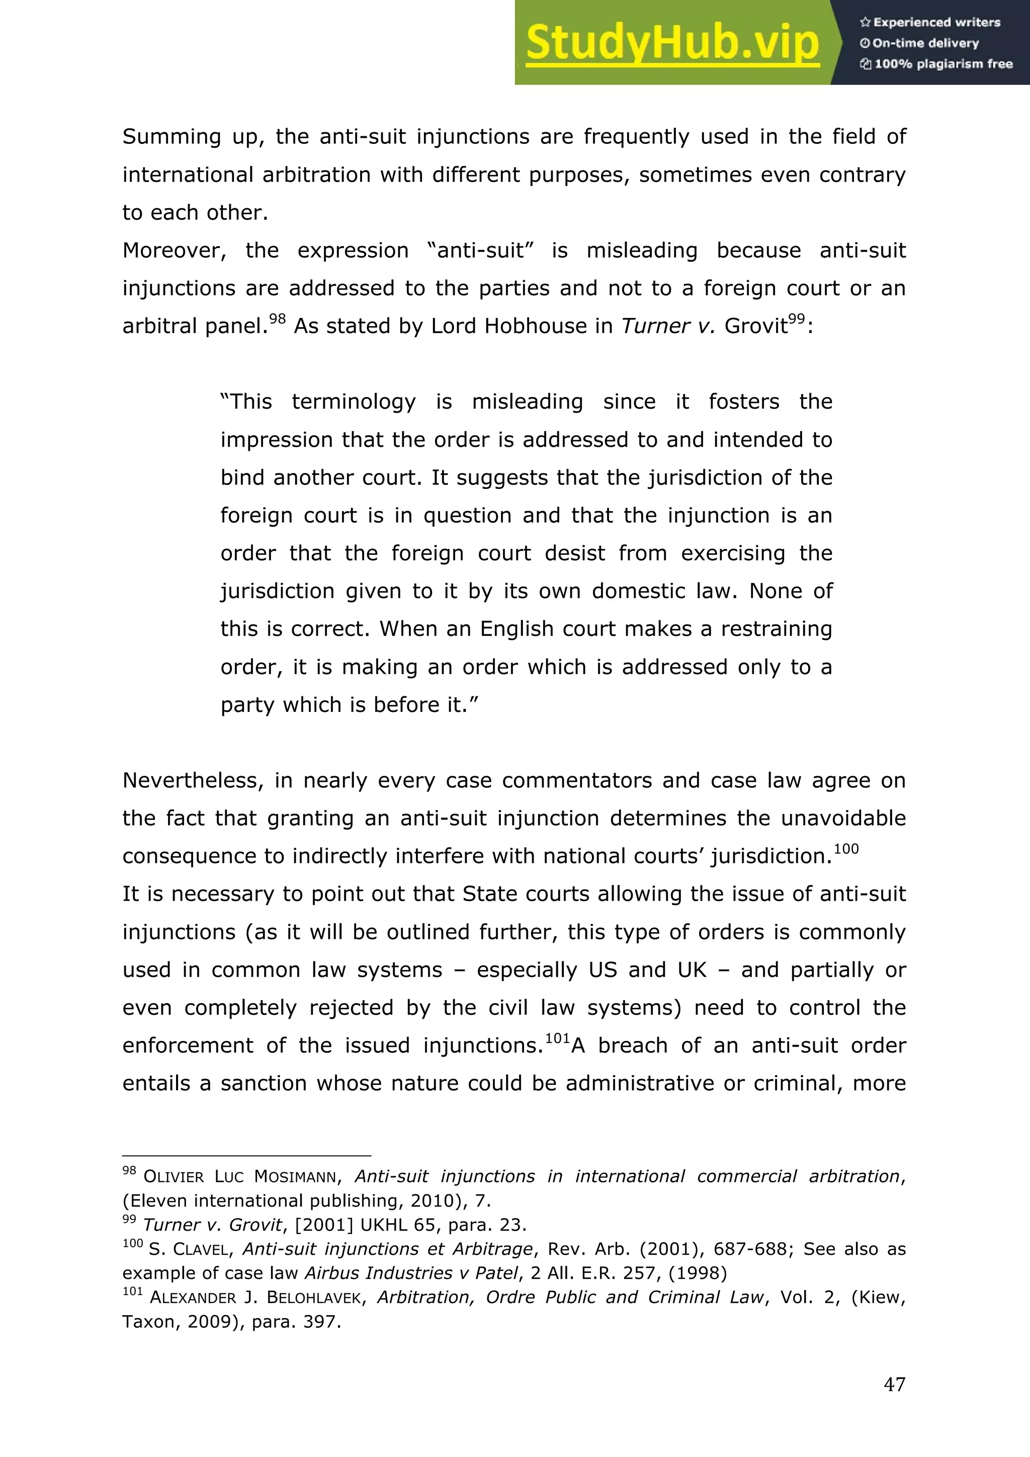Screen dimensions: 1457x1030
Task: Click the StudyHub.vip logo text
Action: click(672, 43)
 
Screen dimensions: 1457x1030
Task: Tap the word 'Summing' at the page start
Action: click(171, 137)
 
